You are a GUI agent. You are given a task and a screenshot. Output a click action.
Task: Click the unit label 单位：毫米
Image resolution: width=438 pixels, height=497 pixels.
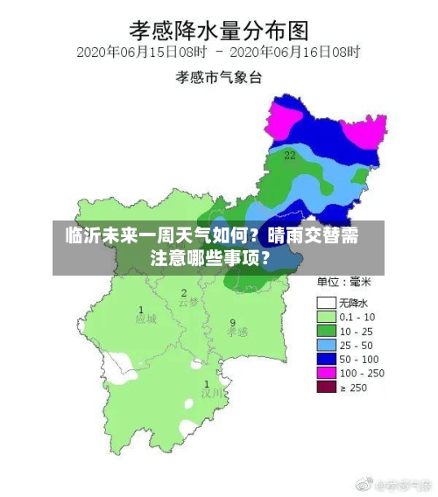(x=344, y=283)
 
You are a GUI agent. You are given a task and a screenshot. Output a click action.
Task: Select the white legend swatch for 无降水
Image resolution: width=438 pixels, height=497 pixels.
(x=326, y=303)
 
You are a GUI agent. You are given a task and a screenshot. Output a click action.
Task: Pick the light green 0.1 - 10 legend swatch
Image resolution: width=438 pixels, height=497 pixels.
(x=326, y=317)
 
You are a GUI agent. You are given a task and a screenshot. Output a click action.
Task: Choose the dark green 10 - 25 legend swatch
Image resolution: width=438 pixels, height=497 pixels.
(x=326, y=331)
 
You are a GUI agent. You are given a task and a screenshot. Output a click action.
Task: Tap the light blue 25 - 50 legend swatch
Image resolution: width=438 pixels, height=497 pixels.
(x=326, y=345)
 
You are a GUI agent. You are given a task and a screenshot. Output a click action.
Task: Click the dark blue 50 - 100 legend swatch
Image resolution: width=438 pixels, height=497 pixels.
(x=326, y=359)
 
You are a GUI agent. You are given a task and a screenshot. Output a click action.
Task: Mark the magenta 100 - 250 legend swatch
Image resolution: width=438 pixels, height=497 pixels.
(x=326, y=373)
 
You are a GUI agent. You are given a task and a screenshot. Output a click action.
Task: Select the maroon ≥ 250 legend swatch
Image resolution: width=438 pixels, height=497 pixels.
(x=326, y=387)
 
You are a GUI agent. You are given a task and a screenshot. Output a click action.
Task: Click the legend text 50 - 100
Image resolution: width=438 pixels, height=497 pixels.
(x=360, y=359)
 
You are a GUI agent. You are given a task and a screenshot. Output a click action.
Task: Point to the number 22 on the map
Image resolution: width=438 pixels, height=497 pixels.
(x=289, y=155)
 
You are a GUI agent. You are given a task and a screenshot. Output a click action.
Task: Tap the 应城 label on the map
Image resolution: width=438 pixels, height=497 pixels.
(x=145, y=319)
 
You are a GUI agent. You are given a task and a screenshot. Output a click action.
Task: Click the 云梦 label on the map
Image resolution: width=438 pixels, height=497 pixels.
(x=188, y=303)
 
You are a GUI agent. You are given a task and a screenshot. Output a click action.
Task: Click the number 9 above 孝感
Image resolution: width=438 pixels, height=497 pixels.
(x=232, y=322)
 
